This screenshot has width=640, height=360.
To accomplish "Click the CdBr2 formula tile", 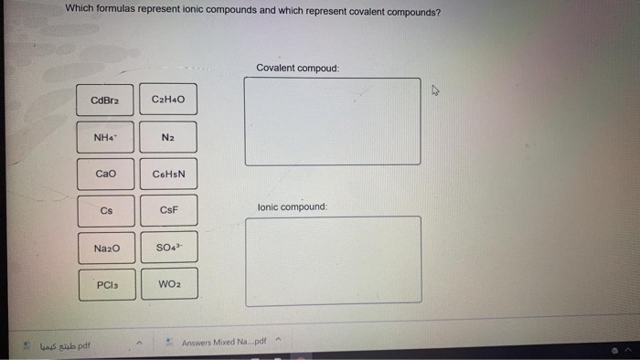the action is coord(106,100).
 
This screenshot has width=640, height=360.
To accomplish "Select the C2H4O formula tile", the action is coord(168,100).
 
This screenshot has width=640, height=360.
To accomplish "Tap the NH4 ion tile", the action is coord(106,137).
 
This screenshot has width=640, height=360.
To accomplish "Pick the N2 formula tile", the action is coord(168,137).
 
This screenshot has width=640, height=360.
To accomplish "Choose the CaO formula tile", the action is coord(106,174).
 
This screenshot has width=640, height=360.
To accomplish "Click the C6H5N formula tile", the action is coord(168,174).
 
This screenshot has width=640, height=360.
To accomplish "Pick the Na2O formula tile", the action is coord(106,248).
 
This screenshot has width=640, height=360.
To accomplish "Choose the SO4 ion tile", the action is coord(168,248).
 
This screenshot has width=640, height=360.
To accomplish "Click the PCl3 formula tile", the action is coord(106,285).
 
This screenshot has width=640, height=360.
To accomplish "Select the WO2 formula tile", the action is coord(168,285).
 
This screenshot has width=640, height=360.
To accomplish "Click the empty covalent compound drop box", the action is coord(333,122).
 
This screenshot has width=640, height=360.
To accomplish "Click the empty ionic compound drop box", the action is coord(333,260).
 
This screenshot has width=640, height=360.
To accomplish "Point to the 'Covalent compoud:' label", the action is coord(297,68).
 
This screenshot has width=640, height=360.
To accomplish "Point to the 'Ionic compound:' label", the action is coord(293,207).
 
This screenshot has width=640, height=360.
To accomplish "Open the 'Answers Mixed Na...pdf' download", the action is coord(223,343).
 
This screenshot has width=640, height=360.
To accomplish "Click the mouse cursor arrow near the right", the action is coord(436,90).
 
